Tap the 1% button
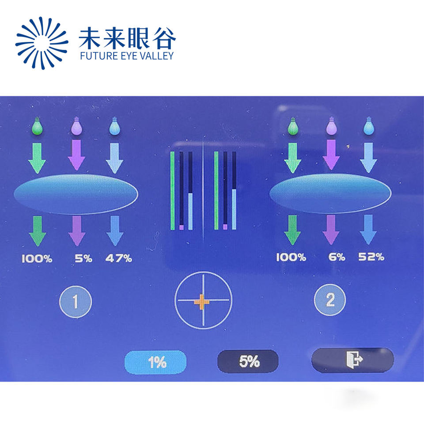[155, 362]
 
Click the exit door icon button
[352, 360]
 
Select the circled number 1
[76, 302]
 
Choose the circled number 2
[330, 299]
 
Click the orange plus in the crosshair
[201, 302]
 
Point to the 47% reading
[119, 258]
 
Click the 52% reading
[371, 257]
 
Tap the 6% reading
[337, 257]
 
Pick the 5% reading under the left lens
[83, 258]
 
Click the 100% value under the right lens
[291, 257]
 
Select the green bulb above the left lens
[37, 126]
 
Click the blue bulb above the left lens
[115, 126]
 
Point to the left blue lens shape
[76, 194]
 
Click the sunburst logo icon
[42, 43]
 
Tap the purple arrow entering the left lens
[76, 155]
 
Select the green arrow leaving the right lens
[292, 230]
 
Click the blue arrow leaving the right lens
[368, 230]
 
